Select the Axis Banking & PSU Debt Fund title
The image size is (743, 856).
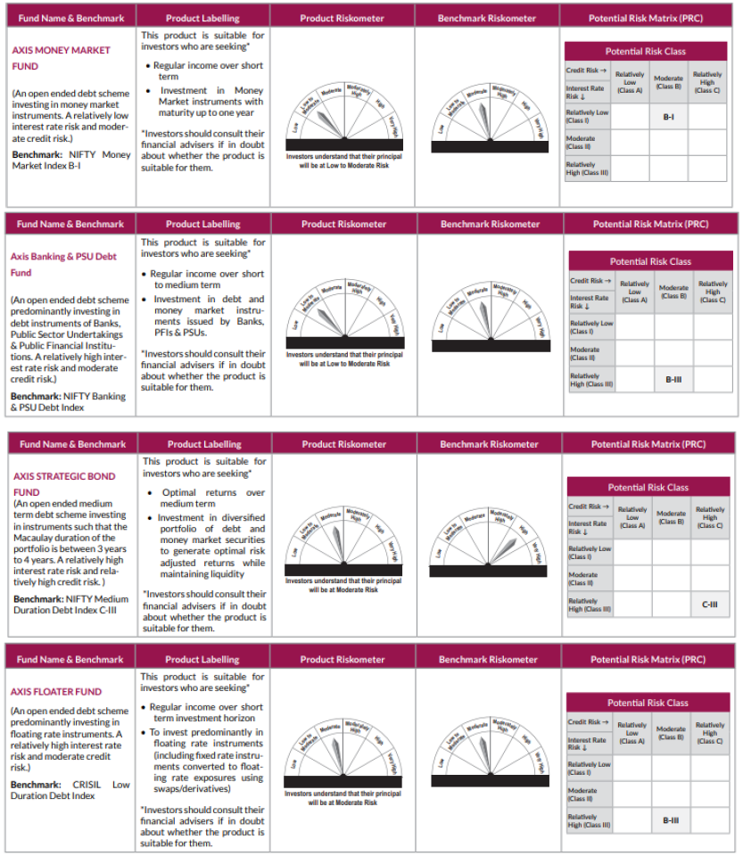(x=63, y=264)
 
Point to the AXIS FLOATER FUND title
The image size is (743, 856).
(x=56, y=691)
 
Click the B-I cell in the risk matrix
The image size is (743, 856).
(x=668, y=117)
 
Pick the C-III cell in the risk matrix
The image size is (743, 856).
(x=710, y=604)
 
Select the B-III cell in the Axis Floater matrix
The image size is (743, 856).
(x=671, y=819)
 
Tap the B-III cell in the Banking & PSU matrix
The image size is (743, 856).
(x=673, y=380)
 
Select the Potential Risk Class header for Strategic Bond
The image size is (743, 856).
(x=648, y=487)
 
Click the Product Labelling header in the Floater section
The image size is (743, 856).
(x=202, y=659)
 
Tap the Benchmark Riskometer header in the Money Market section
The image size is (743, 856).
(x=487, y=18)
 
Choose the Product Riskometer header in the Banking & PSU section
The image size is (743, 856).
(x=343, y=224)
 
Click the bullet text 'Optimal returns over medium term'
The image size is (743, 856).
(x=206, y=498)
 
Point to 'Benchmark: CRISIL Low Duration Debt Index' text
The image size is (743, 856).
(x=70, y=790)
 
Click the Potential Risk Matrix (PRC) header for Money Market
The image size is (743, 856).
(x=647, y=18)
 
